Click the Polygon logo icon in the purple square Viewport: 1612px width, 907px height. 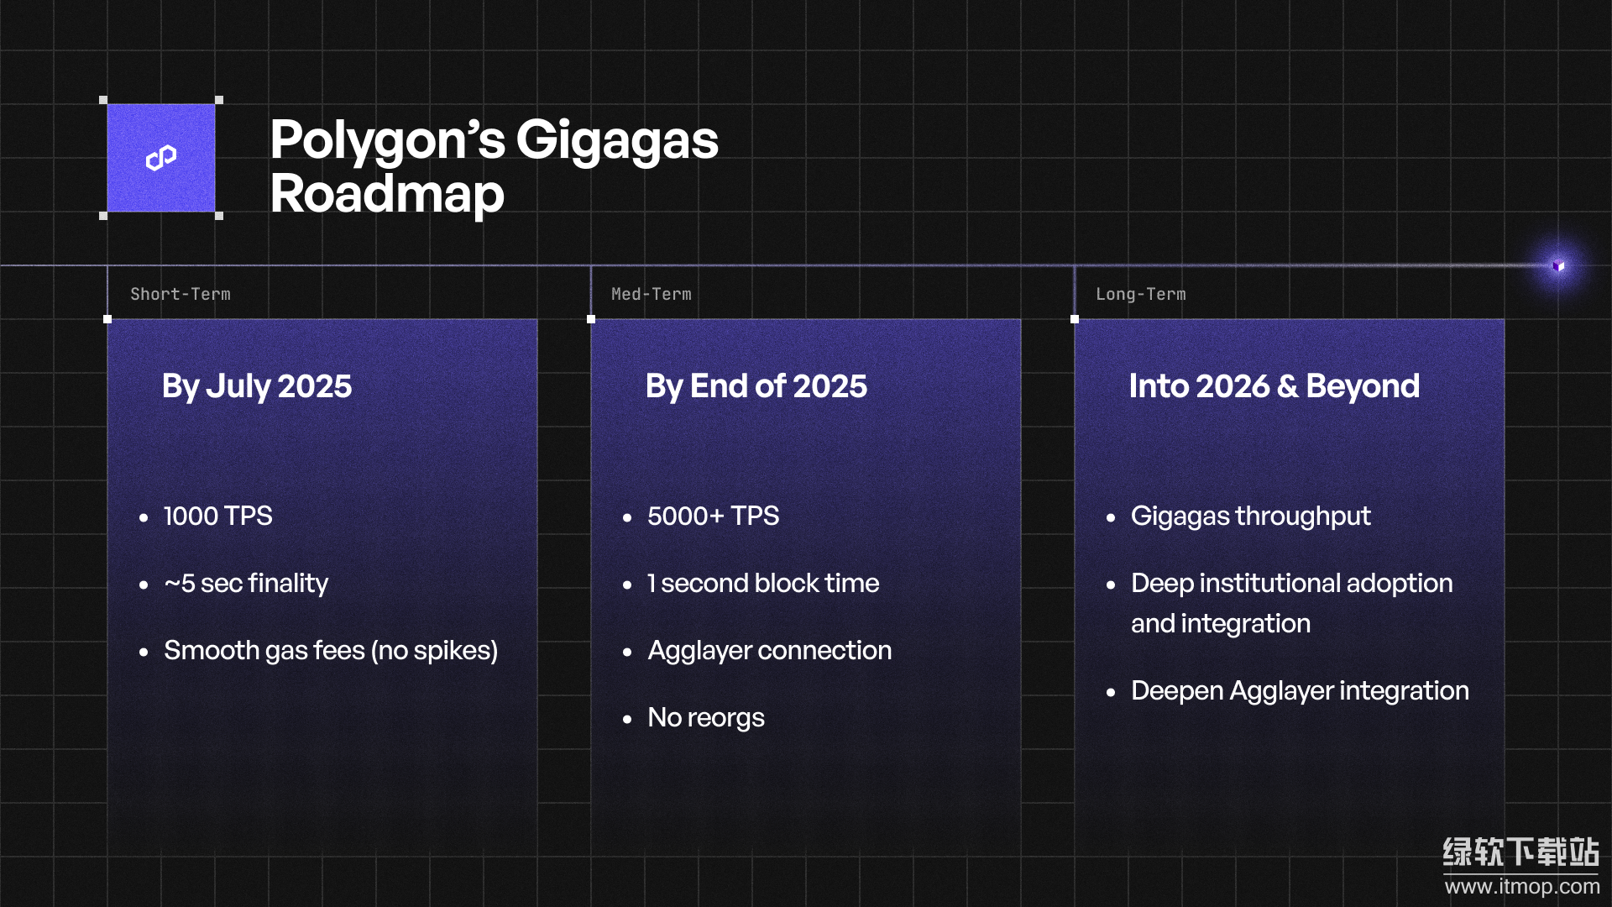pyautogui.click(x=161, y=157)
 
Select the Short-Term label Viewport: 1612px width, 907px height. pyautogui.click(x=181, y=294)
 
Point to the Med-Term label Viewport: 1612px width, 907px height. pyautogui.click(x=652, y=294)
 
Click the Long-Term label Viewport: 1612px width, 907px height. pyautogui.click(x=1141, y=294)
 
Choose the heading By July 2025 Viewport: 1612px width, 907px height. pyautogui.click(x=257, y=387)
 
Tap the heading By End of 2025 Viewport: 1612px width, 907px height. pyautogui.click(x=756, y=387)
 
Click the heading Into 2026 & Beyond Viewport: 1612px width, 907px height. pyautogui.click(x=1274, y=387)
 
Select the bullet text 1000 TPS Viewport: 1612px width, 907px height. pyautogui.click(x=218, y=516)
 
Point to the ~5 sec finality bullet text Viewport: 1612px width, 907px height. pyautogui.click(x=246, y=583)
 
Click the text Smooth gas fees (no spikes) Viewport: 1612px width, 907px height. pyautogui.click(x=331, y=651)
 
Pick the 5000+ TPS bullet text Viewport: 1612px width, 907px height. pyautogui.click(x=714, y=516)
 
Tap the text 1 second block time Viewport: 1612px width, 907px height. pyautogui.click(x=763, y=583)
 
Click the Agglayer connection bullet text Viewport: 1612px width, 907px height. pyautogui.click(x=770, y=651)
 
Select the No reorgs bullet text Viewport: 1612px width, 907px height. pyautogui.click(x=706, y=718)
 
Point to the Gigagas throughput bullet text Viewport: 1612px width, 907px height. pyautogui.click(x=1251, y=516)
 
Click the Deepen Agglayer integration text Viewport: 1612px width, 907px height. pyautogui.click(x=1301, y=691)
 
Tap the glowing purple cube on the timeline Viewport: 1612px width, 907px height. pyautogui.click(x=1558, y=265)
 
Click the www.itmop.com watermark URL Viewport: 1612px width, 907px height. pyautogui.click(x=1522, y=887)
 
